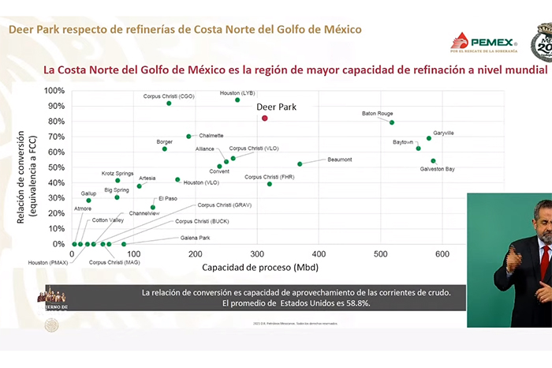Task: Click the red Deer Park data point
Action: pos(264,118)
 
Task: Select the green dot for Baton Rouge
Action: pos(392,122)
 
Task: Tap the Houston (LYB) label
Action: pos(237,92)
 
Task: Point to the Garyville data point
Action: pos(429,138)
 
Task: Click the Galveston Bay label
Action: pos(438,169)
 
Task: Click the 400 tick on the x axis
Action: pos(319,254)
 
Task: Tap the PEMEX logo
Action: pos(483,43)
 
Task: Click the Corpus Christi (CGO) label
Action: pos(168,96)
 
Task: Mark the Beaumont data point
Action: pos(300,163)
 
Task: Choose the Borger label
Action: pos(165,142)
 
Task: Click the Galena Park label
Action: pos(193,237)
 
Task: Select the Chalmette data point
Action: pos(188,136)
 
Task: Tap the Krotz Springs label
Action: pos(117,173)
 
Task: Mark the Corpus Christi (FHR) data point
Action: pos(270,183)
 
